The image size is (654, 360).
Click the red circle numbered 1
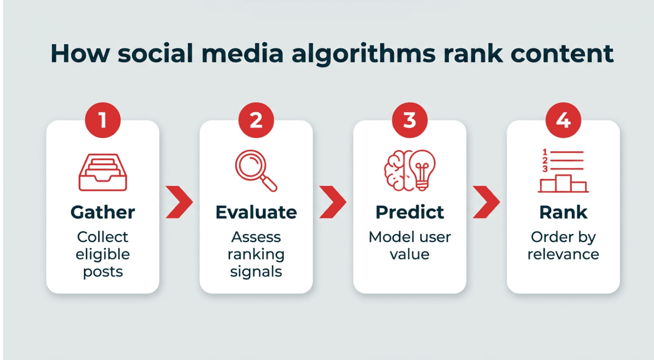coord(103,120)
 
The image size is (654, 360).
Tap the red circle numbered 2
coord(256,120)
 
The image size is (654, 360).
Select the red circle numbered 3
coord(410,120)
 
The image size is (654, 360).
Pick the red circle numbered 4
coord(563,120)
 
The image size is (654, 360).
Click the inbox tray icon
coord(103,172)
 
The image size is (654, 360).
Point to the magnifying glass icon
coord(256,171)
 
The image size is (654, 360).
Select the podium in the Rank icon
coord(563,184)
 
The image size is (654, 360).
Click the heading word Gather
coord(103,212)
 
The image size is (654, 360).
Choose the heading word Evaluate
coord(256,212)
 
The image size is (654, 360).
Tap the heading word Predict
coord(410,212)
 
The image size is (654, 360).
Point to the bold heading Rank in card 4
coord(563,212)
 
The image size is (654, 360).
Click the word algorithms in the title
coord(364,54)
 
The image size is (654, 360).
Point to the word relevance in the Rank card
coord(563,254)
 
